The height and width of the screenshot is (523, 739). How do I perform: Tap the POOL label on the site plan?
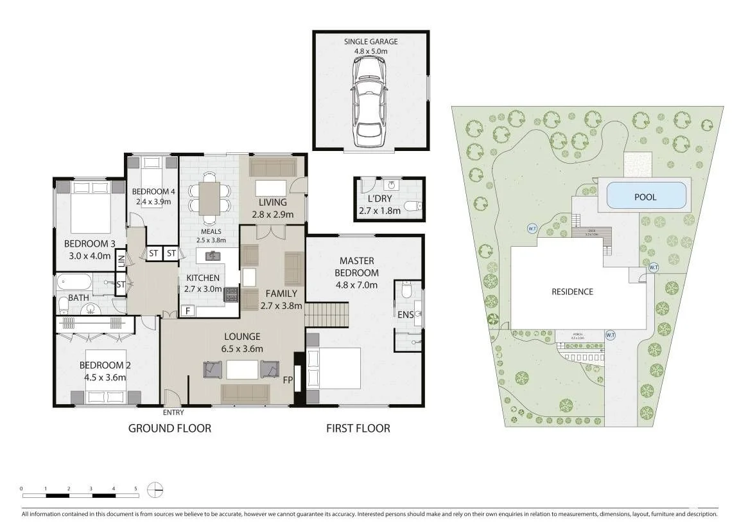[645, 197]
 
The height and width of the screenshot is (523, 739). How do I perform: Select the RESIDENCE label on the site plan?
[572, 291]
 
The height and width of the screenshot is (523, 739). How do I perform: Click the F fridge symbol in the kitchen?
[187, 310]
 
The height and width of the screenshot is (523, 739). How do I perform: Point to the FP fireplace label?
[288, 380]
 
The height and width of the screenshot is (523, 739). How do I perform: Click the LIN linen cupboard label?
[121, 261]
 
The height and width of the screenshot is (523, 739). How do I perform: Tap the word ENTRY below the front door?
[173, 412]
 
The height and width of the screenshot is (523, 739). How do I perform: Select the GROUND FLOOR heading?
[170, 428]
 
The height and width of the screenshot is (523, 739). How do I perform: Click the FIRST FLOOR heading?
[358, 428]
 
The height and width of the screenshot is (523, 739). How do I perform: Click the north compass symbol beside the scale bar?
[155, 490]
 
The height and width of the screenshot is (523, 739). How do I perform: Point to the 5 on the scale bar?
[136, 488]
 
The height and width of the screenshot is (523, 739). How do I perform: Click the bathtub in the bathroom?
[74, 282]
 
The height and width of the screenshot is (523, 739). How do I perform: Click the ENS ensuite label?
[406, 314]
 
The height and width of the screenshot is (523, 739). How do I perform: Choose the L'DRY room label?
[381, 199]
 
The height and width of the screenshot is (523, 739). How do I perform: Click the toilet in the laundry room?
[413, 206]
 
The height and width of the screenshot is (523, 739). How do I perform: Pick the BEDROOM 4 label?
[153, 191]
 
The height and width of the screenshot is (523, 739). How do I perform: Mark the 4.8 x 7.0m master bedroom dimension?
[358, 285]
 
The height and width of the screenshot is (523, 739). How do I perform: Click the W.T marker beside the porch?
[610, 335]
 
